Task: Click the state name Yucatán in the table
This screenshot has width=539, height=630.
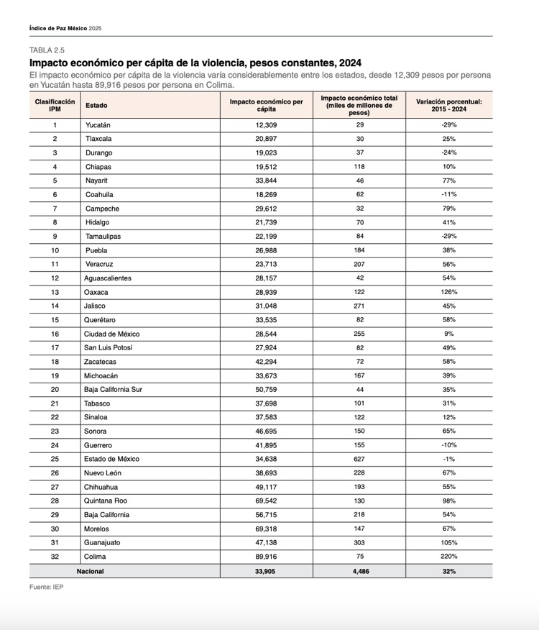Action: point(98,125)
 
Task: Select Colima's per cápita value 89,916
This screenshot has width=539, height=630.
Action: point(267,557)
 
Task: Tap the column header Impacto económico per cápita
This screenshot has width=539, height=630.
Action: point(267,105)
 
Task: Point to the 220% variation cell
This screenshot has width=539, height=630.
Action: point(449,557)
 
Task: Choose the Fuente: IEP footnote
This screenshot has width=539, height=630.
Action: point(45,587)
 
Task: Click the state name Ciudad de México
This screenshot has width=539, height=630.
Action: point(112,334)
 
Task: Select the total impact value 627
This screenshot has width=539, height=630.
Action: point(359,459)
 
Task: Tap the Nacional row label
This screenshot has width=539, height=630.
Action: point(90,571)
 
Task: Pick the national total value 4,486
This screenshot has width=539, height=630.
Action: point(359,571)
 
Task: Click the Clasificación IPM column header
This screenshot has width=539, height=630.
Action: point(55,105)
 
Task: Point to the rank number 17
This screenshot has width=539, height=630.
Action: point(55,348)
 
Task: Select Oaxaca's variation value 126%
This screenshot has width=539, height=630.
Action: point(449,292)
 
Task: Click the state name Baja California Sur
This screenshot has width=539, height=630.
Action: point(114,390)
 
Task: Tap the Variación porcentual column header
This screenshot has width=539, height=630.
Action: point(449,105)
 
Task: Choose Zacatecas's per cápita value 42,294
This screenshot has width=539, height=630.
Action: point(267,362)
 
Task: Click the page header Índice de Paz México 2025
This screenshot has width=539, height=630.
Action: point(65,28)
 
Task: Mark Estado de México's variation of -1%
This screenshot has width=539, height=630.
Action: point(449,459)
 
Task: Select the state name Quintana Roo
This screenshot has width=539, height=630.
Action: point(106,501)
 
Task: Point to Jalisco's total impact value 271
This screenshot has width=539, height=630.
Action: point(359,306)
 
